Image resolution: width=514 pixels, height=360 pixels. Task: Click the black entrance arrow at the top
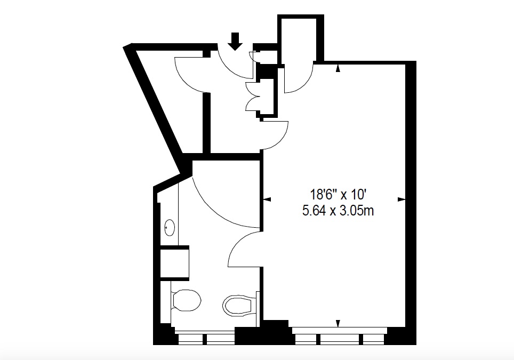(x=235, y=41)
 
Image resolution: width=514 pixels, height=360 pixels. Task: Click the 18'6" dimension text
(x=324, y=195)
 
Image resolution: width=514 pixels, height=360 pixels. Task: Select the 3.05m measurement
(x=356, y=211)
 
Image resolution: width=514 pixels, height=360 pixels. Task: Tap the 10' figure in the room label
(x=358, y=195)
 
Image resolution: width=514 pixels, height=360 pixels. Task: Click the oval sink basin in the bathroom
(x=170, y=227)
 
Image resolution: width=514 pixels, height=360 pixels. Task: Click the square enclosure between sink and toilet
(x=175, y=263)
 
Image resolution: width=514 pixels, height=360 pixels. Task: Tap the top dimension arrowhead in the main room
(x=338, y=68)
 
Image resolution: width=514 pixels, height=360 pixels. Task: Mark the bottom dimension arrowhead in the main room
(x=338, y=323)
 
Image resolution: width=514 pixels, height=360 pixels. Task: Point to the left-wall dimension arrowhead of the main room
(x=267, y=199)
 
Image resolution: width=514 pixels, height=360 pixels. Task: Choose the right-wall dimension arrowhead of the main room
(x=401, y=199)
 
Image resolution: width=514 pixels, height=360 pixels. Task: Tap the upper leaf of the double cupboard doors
(x=253, y=89)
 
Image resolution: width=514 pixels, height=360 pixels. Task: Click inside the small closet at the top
(x=298, y=39)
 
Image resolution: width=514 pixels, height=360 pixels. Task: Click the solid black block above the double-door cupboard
(x=267, y=71)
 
